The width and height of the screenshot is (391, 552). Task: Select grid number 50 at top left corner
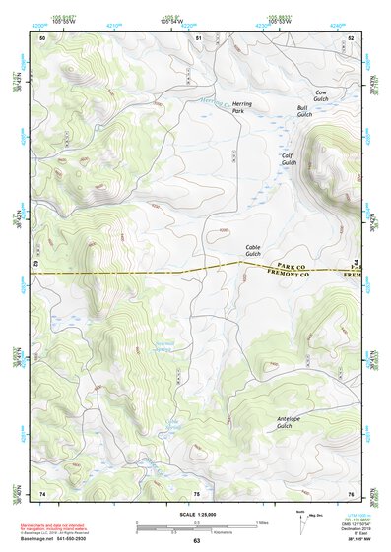pos(42,37)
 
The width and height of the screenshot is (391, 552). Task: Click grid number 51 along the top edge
pos(198,37)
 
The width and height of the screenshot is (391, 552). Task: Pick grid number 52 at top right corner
pos(352,37)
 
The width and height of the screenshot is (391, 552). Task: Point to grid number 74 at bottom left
pos(42,492)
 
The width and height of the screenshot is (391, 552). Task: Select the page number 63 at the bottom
pos(196,540)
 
